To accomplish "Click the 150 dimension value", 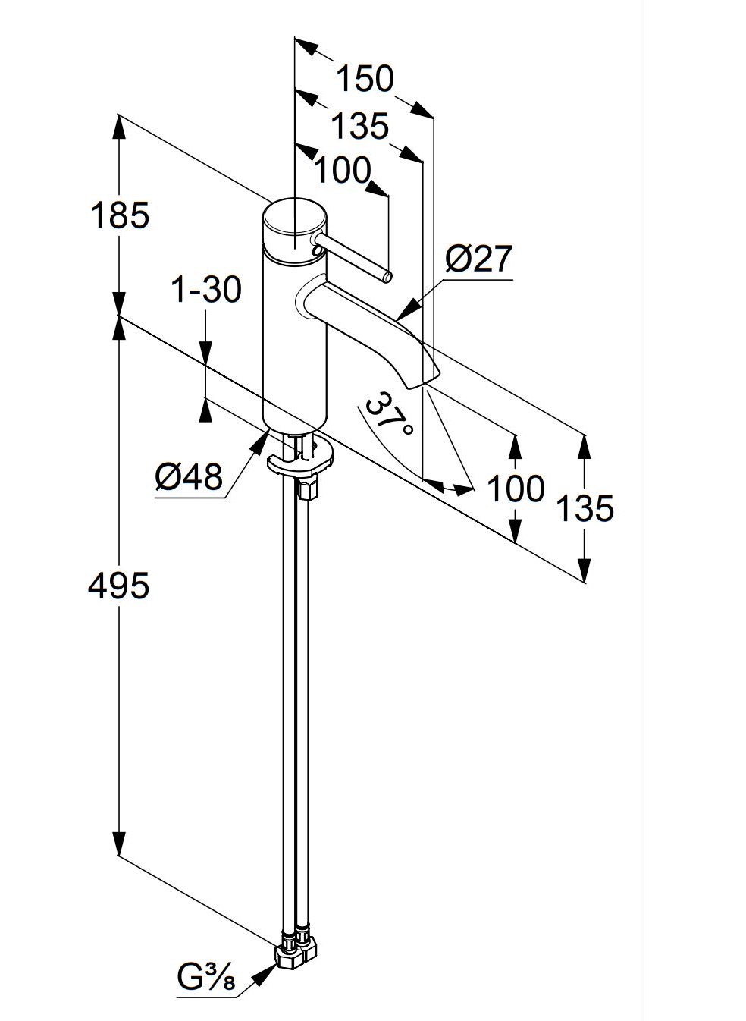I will [x=365, y=79].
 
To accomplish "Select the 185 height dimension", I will [x=120, y=215].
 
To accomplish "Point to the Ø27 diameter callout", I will [x=479, y=260].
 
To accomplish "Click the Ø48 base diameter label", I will [x=189, y=477].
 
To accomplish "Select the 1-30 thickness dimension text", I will [x=206, y=289].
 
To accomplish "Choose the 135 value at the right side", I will [x=585, y=507].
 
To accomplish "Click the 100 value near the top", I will [x=342, y=171].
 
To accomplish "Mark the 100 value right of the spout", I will [x=516, y=489].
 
